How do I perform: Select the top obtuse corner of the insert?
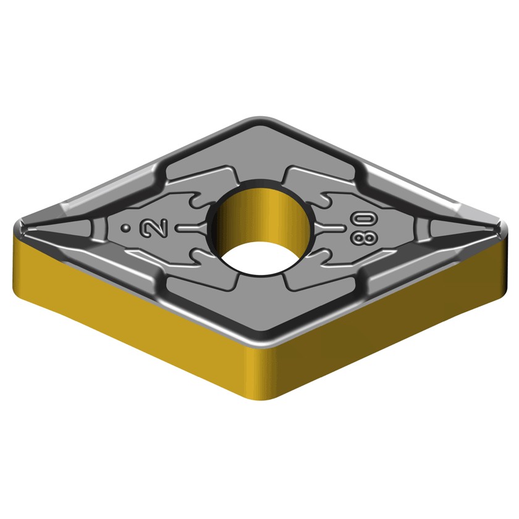tap(261, 118)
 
